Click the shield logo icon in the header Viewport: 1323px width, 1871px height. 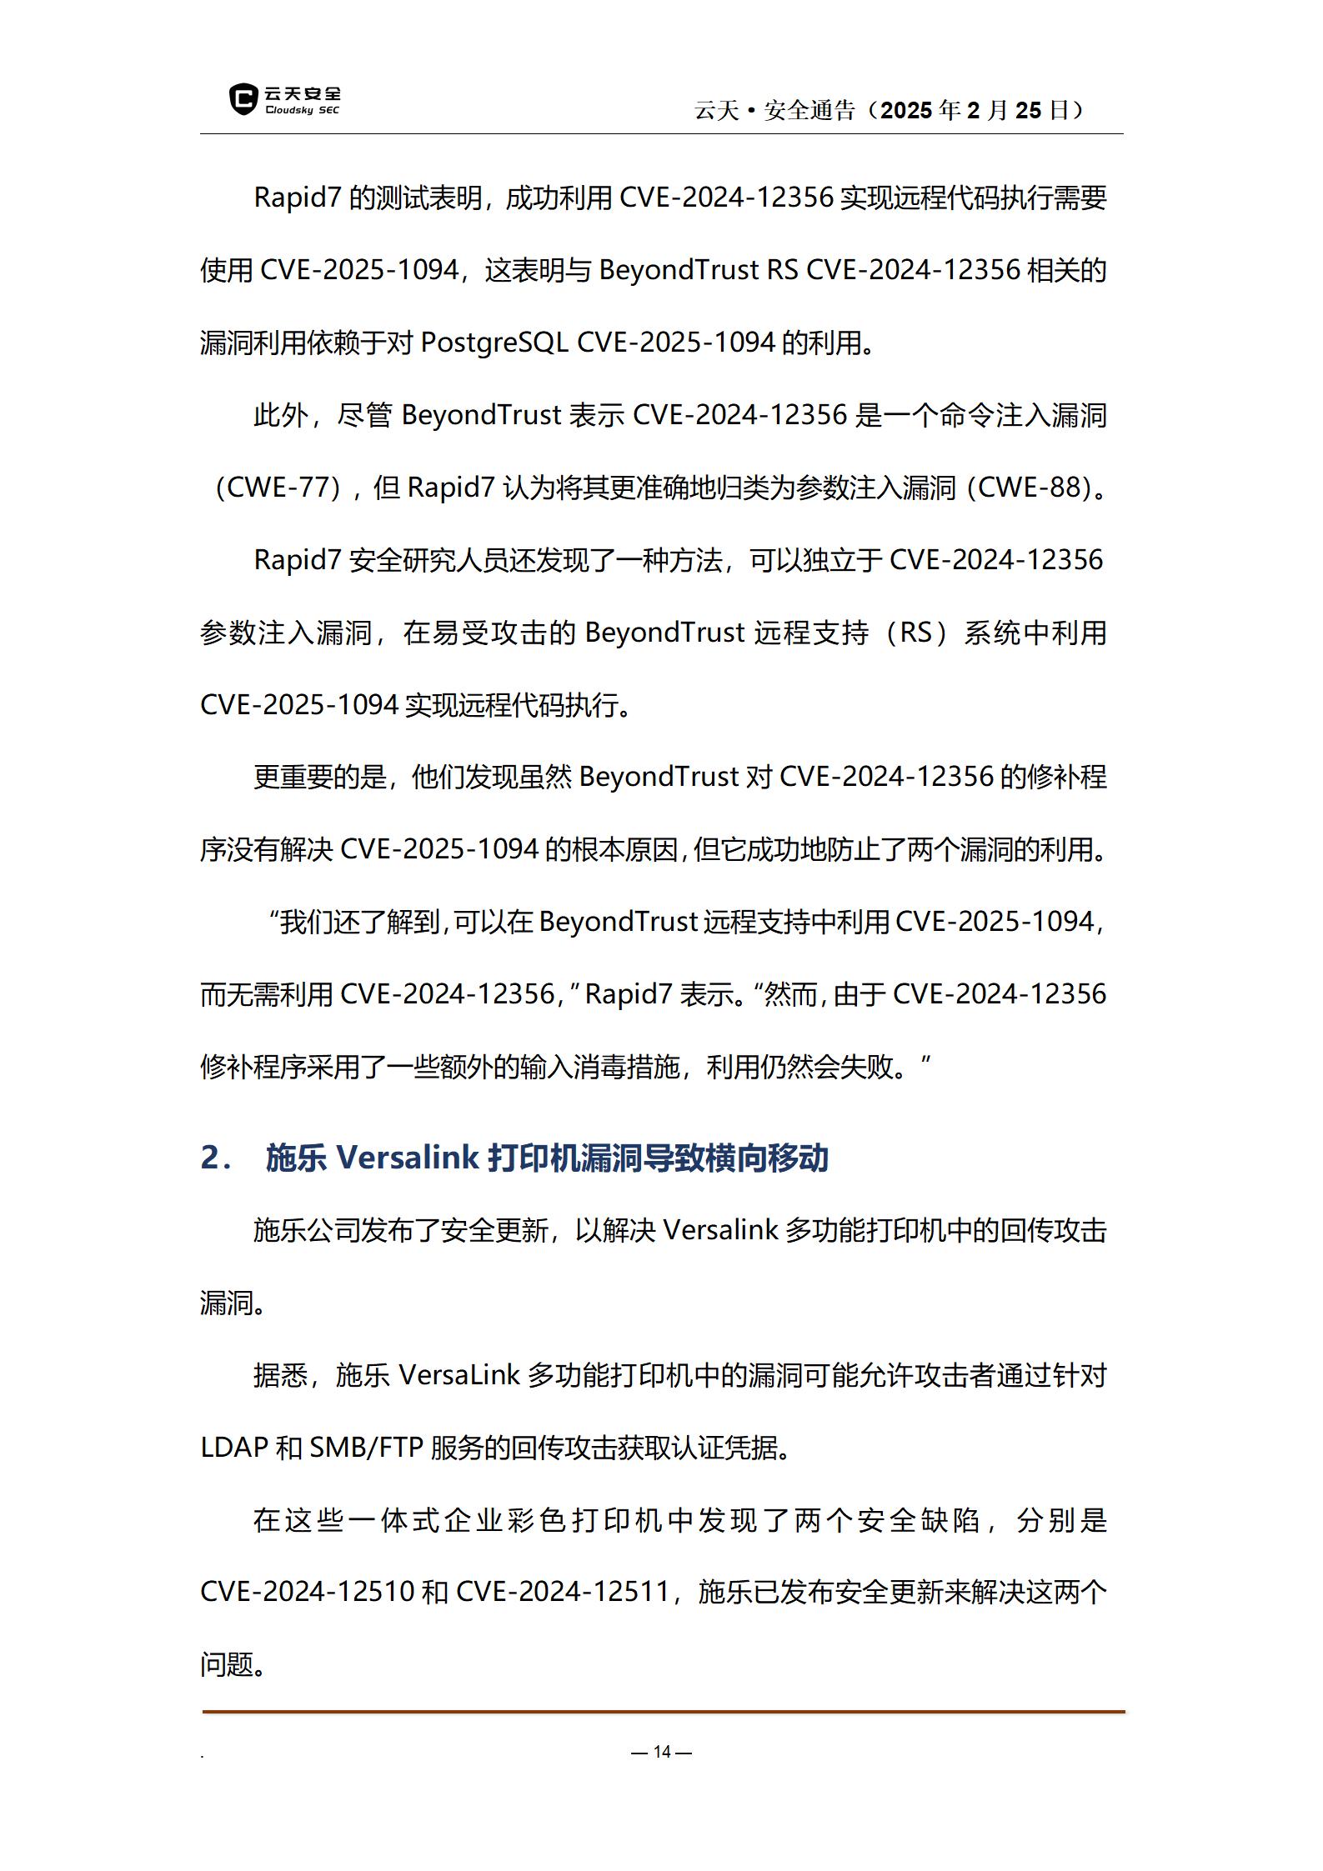point(243,99)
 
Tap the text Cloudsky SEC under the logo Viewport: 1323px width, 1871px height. point(303,110)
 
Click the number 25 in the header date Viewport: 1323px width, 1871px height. point(1029,110)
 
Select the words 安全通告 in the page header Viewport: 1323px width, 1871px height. point(809,110)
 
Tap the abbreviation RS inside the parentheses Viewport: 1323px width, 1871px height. point(915,633)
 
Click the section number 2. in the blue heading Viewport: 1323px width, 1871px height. point(215,1158)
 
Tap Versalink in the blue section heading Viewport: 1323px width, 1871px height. point(408,1158)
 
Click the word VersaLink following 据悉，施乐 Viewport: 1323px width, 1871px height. point(459,1375)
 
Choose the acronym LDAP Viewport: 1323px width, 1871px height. point(234,1448)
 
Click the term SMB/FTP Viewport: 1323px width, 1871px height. point(367,1448)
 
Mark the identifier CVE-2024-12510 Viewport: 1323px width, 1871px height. point(308,1592)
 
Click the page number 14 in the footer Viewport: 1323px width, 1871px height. point(662,1752)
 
